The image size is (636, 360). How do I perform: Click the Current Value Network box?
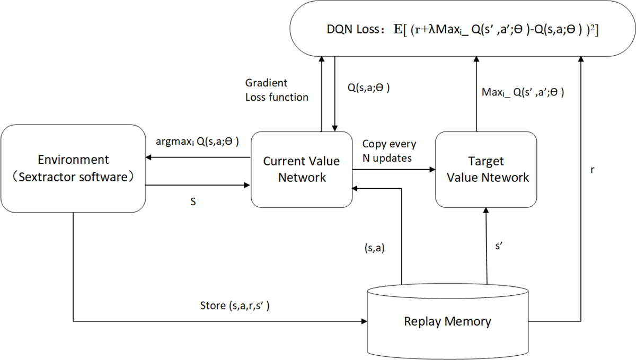302,169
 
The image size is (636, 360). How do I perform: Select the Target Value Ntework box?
485,169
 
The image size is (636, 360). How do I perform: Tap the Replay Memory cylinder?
447,321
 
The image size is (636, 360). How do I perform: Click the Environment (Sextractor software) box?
74,168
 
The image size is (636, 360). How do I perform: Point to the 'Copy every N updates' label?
389,151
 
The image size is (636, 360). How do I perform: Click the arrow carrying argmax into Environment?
199,157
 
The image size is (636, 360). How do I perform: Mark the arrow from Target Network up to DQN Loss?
475,95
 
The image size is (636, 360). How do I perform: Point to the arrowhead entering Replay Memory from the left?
364,321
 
